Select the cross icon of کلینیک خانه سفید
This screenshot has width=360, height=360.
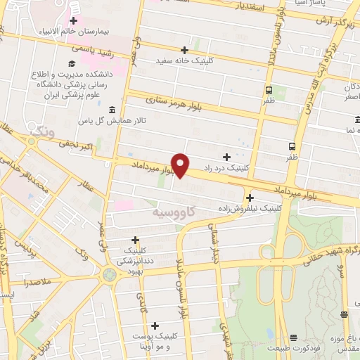coord(184,50)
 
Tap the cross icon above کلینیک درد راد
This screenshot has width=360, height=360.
coord(226,156)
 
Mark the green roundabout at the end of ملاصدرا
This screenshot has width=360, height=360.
coord(108,274)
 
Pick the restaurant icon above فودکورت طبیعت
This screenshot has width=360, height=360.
coord(293,337)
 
